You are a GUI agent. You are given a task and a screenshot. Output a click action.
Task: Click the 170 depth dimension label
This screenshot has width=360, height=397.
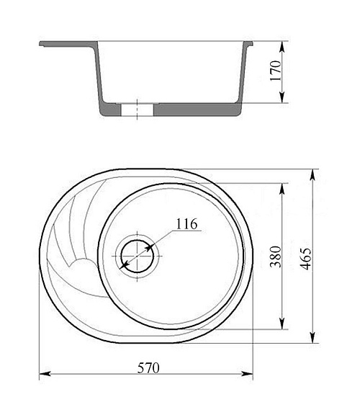pyautogui.click(x=276, y=71)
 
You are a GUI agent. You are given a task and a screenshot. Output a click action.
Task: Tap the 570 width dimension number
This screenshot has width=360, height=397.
pyautogui.click(x=148, y=368)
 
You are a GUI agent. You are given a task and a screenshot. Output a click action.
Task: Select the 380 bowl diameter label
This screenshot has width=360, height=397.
pyautogui.click(x=276, y=257)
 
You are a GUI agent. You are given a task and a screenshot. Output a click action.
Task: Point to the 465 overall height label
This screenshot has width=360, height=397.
pyautogui.click(x=305, y=259)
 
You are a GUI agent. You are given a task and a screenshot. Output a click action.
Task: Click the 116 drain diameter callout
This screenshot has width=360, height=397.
pyautogui.click(x=186, y=224)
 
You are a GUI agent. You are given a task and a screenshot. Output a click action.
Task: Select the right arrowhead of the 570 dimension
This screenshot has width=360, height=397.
pyautogui.click(x=247, y=373)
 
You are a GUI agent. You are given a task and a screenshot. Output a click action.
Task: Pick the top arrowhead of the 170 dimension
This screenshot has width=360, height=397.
pyautogui.click(x=282, y=47)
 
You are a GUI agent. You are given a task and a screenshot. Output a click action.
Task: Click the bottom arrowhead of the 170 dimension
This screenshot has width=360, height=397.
pyautogui.click(x=282, y=97)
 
